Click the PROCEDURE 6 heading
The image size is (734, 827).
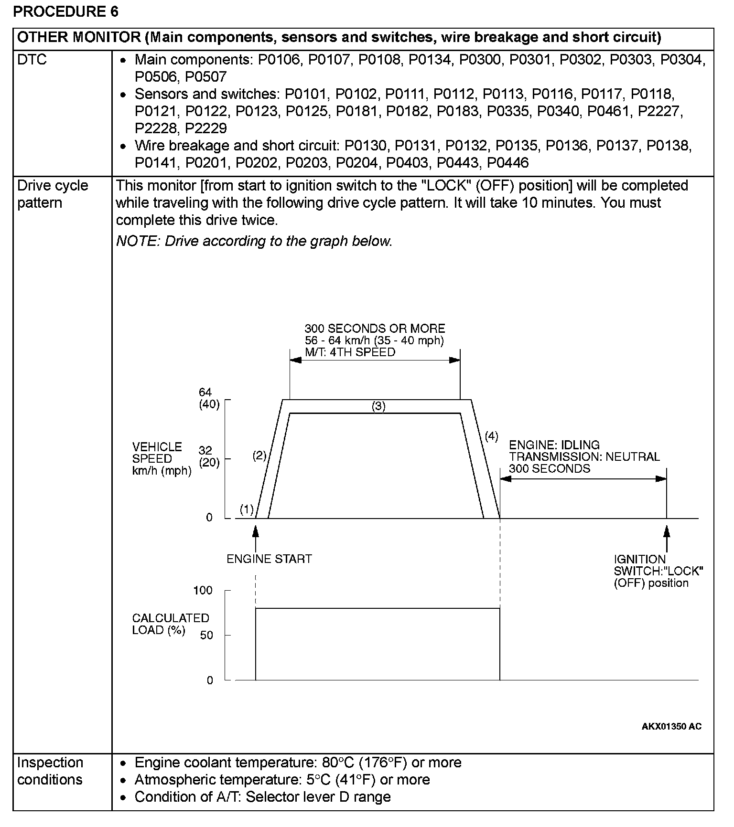65,11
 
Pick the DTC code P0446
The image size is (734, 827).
507,163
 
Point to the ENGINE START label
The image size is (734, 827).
269,559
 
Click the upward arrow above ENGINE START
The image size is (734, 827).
256,537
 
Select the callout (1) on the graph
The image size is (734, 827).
247,509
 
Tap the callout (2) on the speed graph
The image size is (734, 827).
259,456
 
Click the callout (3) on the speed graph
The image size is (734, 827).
378,406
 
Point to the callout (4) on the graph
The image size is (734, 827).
491,436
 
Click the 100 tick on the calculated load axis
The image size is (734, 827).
203,590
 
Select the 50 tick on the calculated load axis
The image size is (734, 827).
206,635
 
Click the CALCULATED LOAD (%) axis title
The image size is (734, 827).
170,624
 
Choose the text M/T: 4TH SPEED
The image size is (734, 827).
350,352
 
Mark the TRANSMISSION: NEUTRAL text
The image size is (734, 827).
584,456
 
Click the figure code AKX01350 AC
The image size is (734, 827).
671,727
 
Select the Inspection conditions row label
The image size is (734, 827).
50,771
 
